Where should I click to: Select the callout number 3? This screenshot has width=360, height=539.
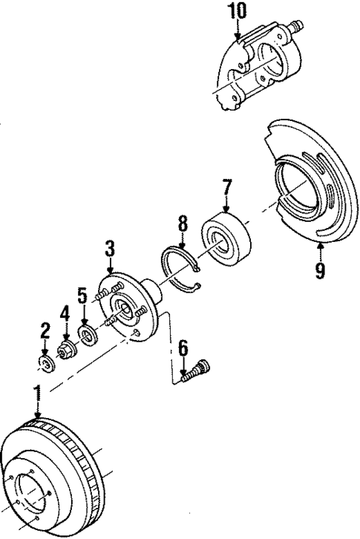click(x=110, y=249)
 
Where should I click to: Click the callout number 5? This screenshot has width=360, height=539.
click(x=83, y=295)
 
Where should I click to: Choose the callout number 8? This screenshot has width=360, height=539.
click(x=183, y=223)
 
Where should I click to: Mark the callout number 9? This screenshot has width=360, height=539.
click(x=319, y=271)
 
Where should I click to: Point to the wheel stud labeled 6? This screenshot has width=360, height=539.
click(x=198, y=368)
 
